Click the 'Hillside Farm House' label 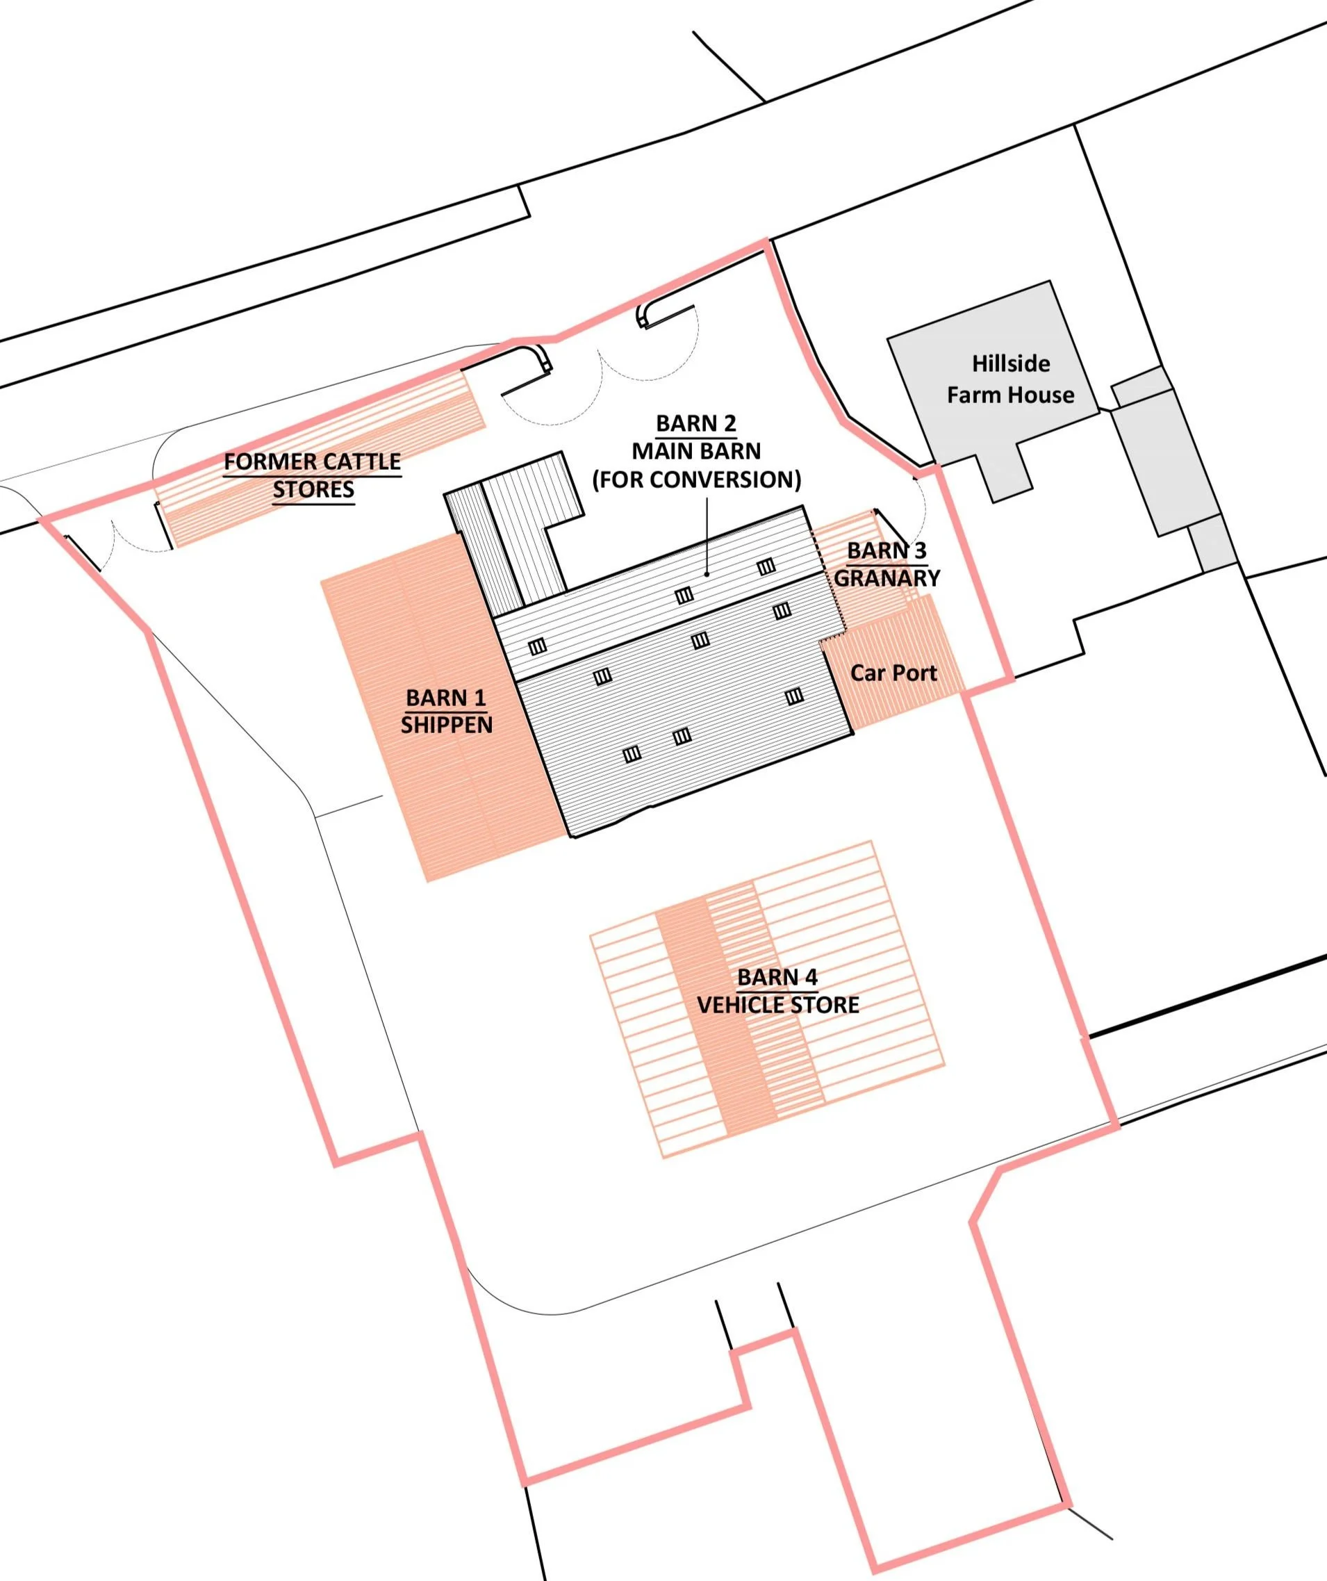(1010, 379)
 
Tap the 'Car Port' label (893, 673)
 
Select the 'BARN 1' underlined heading (446, 698)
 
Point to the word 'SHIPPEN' (446, 725)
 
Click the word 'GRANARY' (887, 578)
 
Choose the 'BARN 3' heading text (887, 551)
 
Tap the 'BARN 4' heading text (777, 977)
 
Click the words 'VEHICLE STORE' (777, 1005)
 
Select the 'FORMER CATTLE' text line (313, 461)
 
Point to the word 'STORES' (313, 489)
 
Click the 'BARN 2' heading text (696, 423)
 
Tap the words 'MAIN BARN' (696, 451)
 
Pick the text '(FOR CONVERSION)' (696, 480)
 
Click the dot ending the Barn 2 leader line (707, 574)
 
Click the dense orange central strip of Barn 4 (715, 1054)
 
